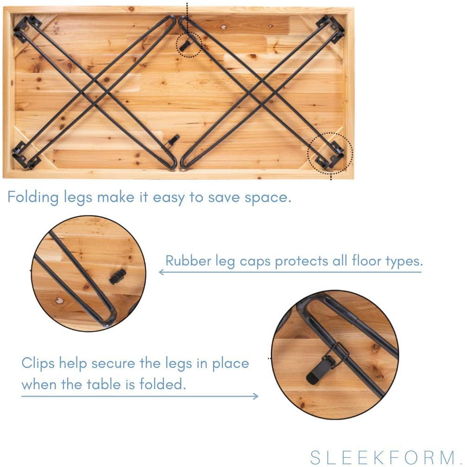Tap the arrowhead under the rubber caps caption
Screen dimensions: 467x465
pyautogui.click(x=162, y=272)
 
